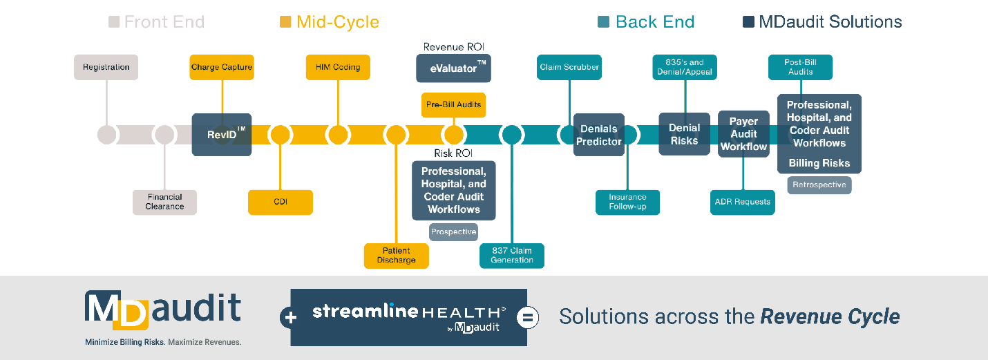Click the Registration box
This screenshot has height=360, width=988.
coord(106,68)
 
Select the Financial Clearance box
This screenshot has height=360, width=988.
coord(164,202)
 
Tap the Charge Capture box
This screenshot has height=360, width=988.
coord(222,68)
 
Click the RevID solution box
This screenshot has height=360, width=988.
coord(222,134)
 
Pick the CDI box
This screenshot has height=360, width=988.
coord(280,202)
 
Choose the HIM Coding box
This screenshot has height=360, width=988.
coord(338,68)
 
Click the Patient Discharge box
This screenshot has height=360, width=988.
coord(397,256)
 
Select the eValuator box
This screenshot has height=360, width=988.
coord(453,69)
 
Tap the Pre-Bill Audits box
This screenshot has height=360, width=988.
coord(453,105)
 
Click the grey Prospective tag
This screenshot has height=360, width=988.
coord(453,232)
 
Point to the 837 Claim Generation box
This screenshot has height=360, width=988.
coord(512,256)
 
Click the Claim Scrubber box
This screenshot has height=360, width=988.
coord(569,68)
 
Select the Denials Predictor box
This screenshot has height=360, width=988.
coord(599,135)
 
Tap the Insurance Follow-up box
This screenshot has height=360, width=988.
coord(627,202)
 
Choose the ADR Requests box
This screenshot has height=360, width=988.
coord(743,202)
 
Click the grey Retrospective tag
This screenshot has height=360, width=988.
coord(819,185)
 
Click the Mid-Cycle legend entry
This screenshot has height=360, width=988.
coord(330,22)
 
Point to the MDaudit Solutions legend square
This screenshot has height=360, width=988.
coord(748,22)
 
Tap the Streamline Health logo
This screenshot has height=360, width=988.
coord(409,317)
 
